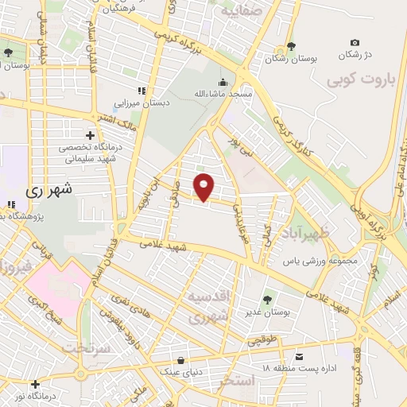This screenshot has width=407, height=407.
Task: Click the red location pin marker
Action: tap(204, 187)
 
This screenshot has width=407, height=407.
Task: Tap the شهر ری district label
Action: tap(49, 190)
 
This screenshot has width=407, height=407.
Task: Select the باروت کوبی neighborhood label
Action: tap(359, 79)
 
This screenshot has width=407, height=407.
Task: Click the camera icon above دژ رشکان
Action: tap(355, 42)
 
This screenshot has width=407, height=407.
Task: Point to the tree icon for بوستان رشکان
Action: tap(291, 45)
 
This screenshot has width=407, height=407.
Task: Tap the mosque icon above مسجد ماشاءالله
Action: tap(223, 82)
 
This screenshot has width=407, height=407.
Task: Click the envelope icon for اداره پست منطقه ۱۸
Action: tap(299, 355)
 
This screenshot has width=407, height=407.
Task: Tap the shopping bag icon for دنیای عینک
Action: tap(184, 360)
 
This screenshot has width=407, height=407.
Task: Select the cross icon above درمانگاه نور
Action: tap(35, 384)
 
